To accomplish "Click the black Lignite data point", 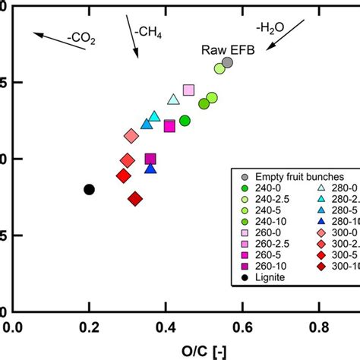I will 89,189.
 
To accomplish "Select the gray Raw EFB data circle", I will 227,63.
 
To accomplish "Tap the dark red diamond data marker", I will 135,199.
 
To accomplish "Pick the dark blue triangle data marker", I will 150,168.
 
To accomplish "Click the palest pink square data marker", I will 188,90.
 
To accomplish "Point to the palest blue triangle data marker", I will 173,99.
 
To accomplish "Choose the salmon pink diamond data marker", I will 131,136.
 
